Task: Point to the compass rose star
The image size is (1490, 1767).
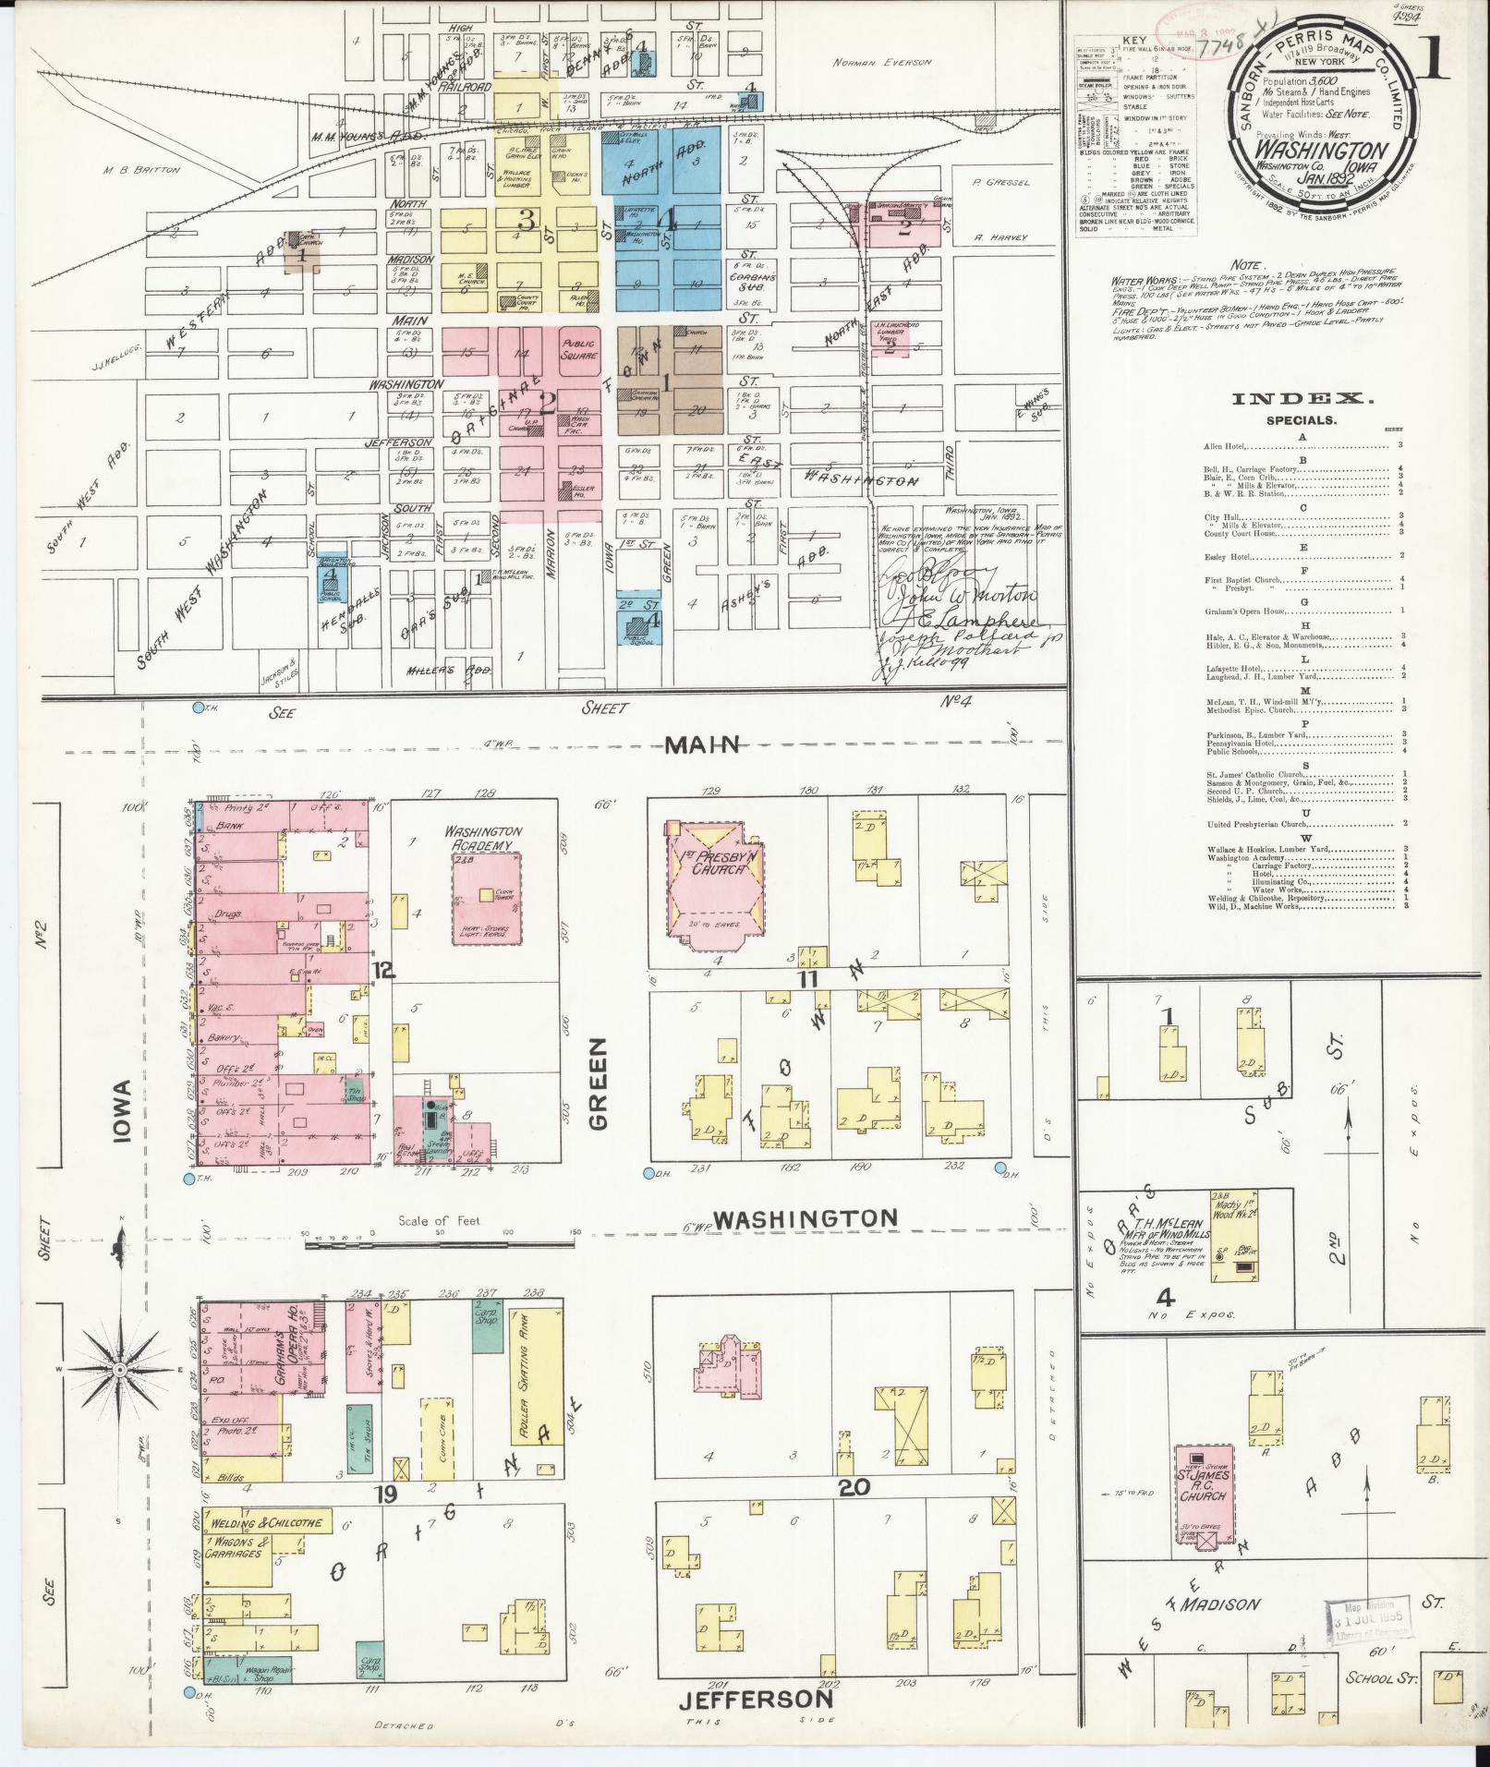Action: click(120, 1374)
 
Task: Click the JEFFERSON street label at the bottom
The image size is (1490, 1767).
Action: click(757, 1699)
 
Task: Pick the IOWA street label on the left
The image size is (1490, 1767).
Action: click(125, 1112)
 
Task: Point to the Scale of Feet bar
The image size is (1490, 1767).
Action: click(439, 1245)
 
